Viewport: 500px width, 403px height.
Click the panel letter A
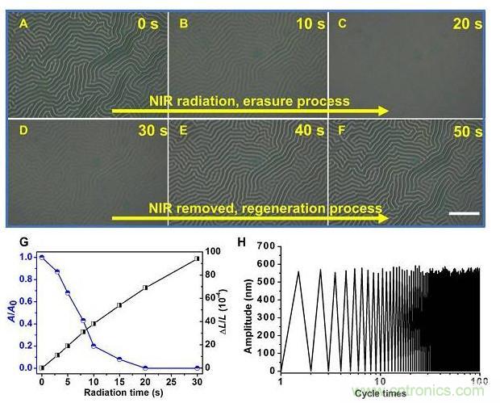pos(24,23)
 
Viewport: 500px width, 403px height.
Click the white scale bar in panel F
pos(469,213)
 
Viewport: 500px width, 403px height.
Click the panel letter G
pos(23,241)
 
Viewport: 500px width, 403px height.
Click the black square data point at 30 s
pos(196,258)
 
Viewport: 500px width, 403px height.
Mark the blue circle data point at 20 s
pos(145,367)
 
